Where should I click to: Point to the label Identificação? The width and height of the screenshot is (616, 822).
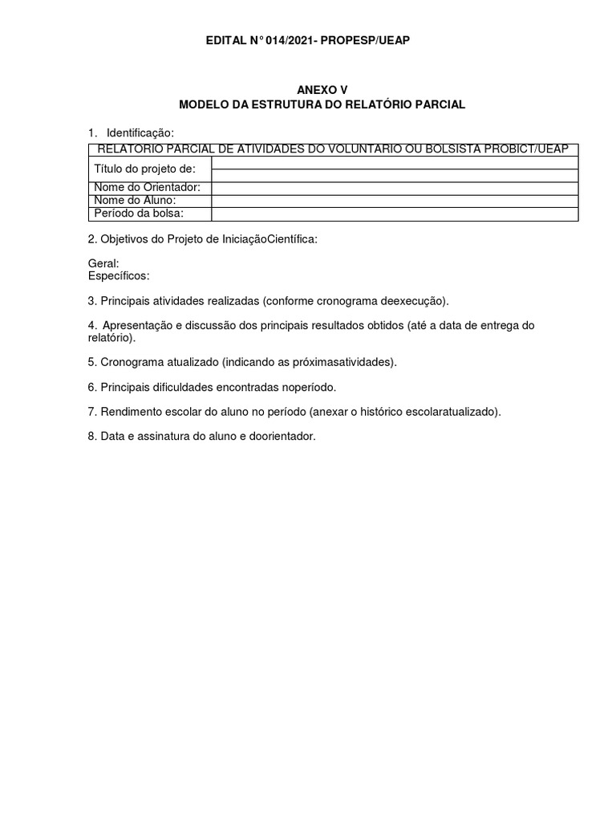140,132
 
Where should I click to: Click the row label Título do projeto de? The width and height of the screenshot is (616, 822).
145,169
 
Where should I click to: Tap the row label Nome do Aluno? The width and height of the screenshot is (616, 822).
135,201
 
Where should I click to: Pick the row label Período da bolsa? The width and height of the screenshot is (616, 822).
139,214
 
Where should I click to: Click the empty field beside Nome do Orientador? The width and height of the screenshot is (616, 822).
395,188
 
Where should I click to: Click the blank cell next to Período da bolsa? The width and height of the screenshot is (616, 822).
395,214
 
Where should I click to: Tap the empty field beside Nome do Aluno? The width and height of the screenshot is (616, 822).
395,201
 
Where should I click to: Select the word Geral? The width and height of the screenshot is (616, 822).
103,263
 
